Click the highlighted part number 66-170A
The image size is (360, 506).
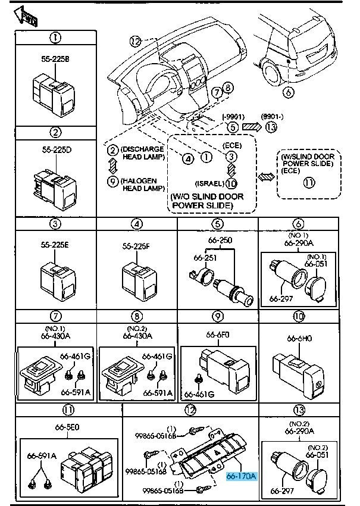[241, 476]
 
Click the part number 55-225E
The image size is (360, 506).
[55, 245]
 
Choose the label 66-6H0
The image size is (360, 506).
[299, 338]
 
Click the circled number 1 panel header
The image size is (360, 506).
[55, 38]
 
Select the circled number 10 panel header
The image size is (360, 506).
[299, 316]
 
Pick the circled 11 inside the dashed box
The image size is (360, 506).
[308, 182]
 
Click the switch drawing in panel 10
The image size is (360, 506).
[299, 372]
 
